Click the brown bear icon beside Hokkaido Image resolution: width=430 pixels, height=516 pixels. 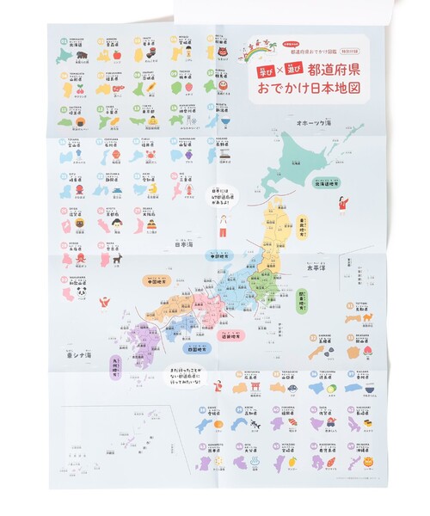(x=82, y=57)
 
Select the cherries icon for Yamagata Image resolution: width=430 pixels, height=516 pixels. (x=82, y=89)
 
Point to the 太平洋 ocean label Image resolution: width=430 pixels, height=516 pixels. (x=321, y=255)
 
